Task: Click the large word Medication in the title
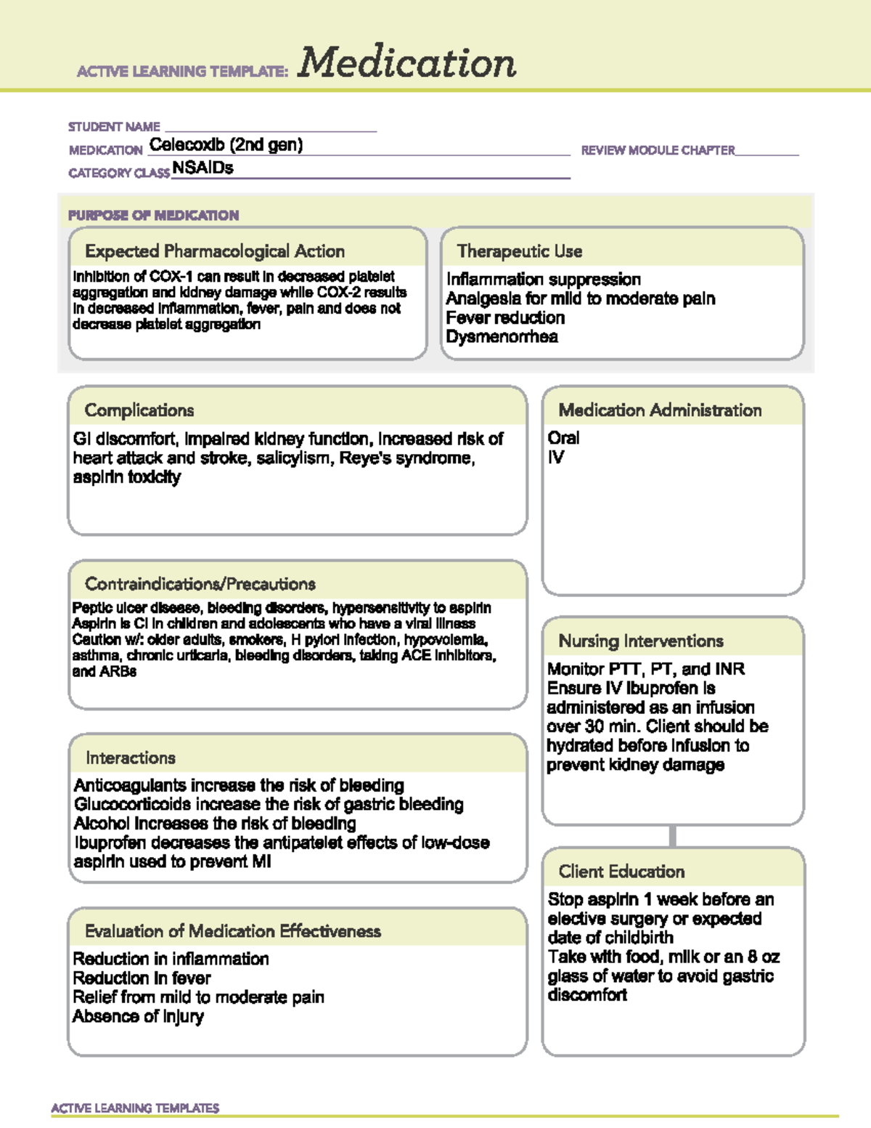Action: pyautogui.click(x=406, y=63)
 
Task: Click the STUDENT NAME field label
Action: pyautogui.click(x=114, y=127)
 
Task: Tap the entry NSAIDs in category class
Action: pyautogui.click(x=203, y=169)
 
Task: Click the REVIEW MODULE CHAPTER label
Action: pyautogui.click(x=658, y=150)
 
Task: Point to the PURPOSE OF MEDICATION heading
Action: pyautogui.click(x=153, y=216)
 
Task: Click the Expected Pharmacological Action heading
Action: pyautogui.click(x=215, y=251)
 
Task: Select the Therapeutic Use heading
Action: pyautogui.click(x=520, y=251)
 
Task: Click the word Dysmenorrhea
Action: pyautogui.click(x=502, y=337)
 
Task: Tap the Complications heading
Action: pyautogui.click(x=139, y=410)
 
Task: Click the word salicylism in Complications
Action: pyautogui.click(x=294, y=458)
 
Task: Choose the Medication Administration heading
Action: pyautogui.click(x=660, y=410)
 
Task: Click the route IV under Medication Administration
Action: pyautogui.click(x=556, y=458)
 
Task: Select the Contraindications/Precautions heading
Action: pyautogui.click(x=200, y=584)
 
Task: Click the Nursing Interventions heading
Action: pyautogui.click(x=641, y=641)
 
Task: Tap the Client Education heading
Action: pyautogui.click(x=621, y=872)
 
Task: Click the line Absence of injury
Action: pyautogui.click(x=138, y=1016)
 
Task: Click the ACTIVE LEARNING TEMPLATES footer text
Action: pyautogui.click(x=135, y=1108)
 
